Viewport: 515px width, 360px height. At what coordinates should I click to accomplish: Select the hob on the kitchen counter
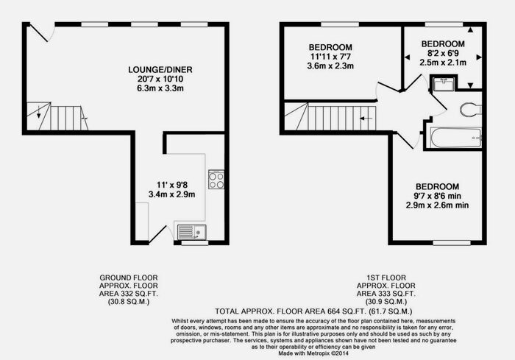click(216, 180)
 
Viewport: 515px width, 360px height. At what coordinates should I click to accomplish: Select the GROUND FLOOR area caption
click(129, 289)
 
